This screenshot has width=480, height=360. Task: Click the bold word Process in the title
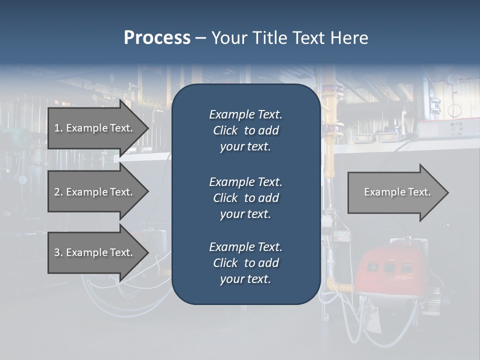(157, 38)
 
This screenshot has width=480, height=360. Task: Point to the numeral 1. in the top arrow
(58, 128)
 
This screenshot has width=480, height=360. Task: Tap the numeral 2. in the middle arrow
(58, 192)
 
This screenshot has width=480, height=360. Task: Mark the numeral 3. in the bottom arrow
(58, 252)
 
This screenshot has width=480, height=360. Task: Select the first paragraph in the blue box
(245, 130)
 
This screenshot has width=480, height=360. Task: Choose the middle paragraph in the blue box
(245, 198)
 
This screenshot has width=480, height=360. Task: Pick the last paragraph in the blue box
(245, 263)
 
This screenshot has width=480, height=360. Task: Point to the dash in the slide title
(200, 38)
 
